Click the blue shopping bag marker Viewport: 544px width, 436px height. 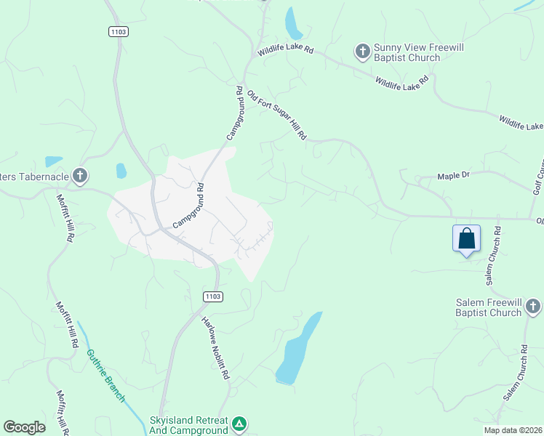click(x=466, y=238)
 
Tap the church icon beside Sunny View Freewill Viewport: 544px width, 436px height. click(x=362, y=52)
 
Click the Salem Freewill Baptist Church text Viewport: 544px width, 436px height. click(x=489, y=307)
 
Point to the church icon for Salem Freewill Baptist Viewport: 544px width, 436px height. click(x=533, y=307)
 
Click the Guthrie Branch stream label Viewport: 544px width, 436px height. click(x=105, y=376)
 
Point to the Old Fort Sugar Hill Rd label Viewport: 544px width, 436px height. click(x=277, y=116)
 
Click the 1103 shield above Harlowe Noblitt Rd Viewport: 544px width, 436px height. click(x=213, y=296)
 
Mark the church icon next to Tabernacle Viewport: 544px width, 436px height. click(x=80, y=176)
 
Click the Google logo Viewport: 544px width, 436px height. click(x=24, y=427)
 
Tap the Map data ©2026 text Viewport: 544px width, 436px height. click(x=512, y=430)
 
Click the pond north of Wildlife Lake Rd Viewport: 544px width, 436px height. click(x=293, y=23)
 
